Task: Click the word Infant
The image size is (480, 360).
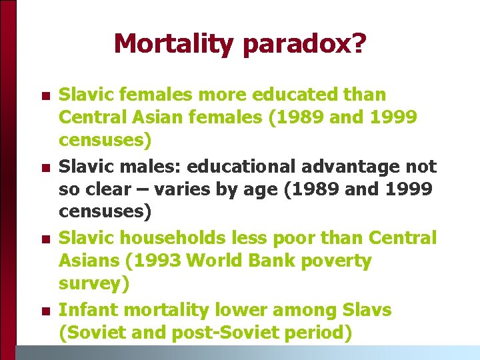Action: coord(88,310)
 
